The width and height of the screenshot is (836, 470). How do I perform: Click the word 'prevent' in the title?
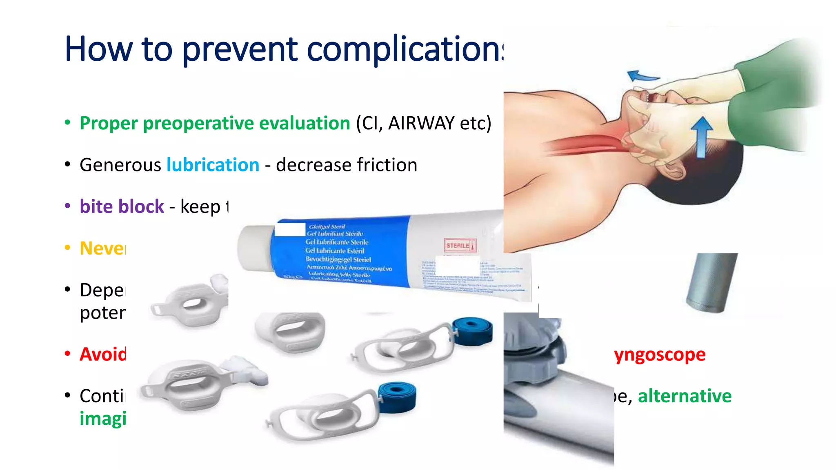(240, 50)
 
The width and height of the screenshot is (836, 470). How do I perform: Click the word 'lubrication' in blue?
(213, 165)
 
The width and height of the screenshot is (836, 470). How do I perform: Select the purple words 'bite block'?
(122, 207)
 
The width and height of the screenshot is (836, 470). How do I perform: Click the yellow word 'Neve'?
(102, 248)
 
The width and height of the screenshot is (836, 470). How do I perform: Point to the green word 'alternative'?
(685, 396)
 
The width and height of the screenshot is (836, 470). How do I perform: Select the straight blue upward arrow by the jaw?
(701, 137)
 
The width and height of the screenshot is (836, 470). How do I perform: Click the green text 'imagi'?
(102, 419)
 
